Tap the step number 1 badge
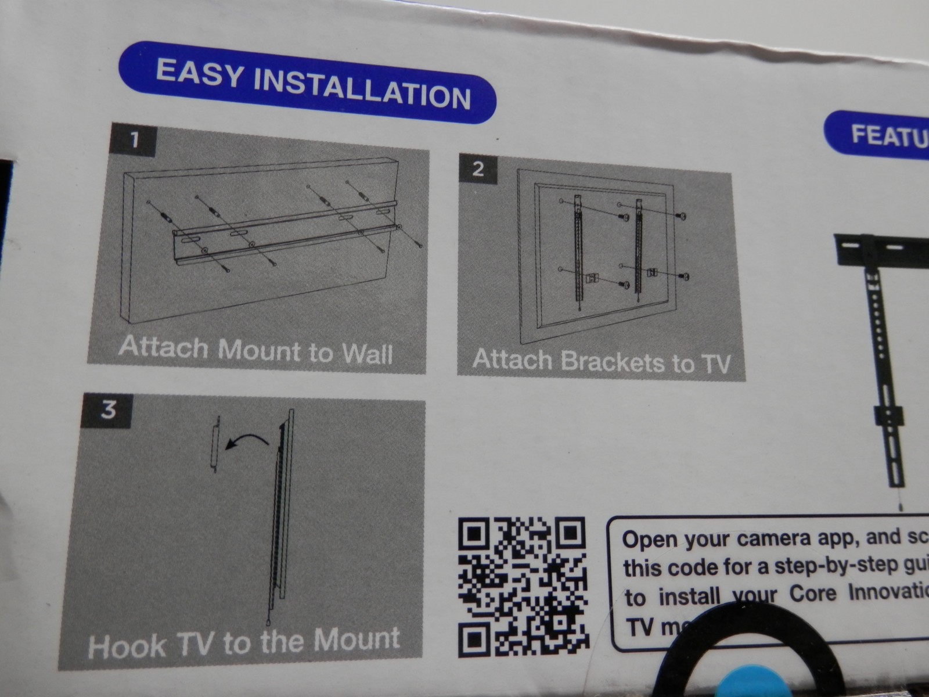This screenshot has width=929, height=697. pos(135,140)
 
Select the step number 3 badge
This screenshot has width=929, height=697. pos(109,410)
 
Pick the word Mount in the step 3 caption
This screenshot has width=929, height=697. pos(356,639)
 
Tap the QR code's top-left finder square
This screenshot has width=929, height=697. pos(475,533)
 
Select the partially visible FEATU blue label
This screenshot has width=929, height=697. pos(883,135)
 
